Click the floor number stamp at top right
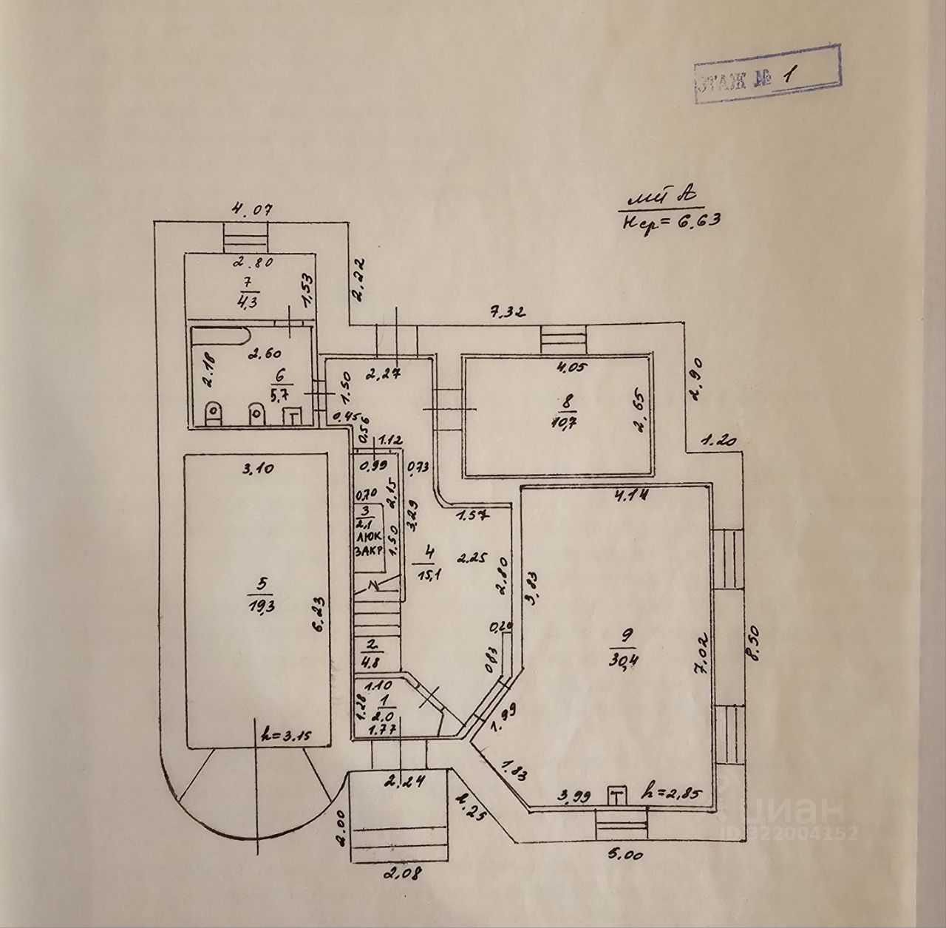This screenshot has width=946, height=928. click(x=766, y=75)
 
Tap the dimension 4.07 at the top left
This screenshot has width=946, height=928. click(x=252, y=209)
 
